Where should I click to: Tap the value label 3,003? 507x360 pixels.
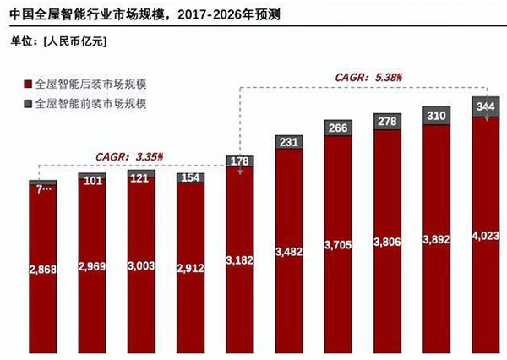point(141,265)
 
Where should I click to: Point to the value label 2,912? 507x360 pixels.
point(190,269)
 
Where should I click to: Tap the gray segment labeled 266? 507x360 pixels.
point(338,128)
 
